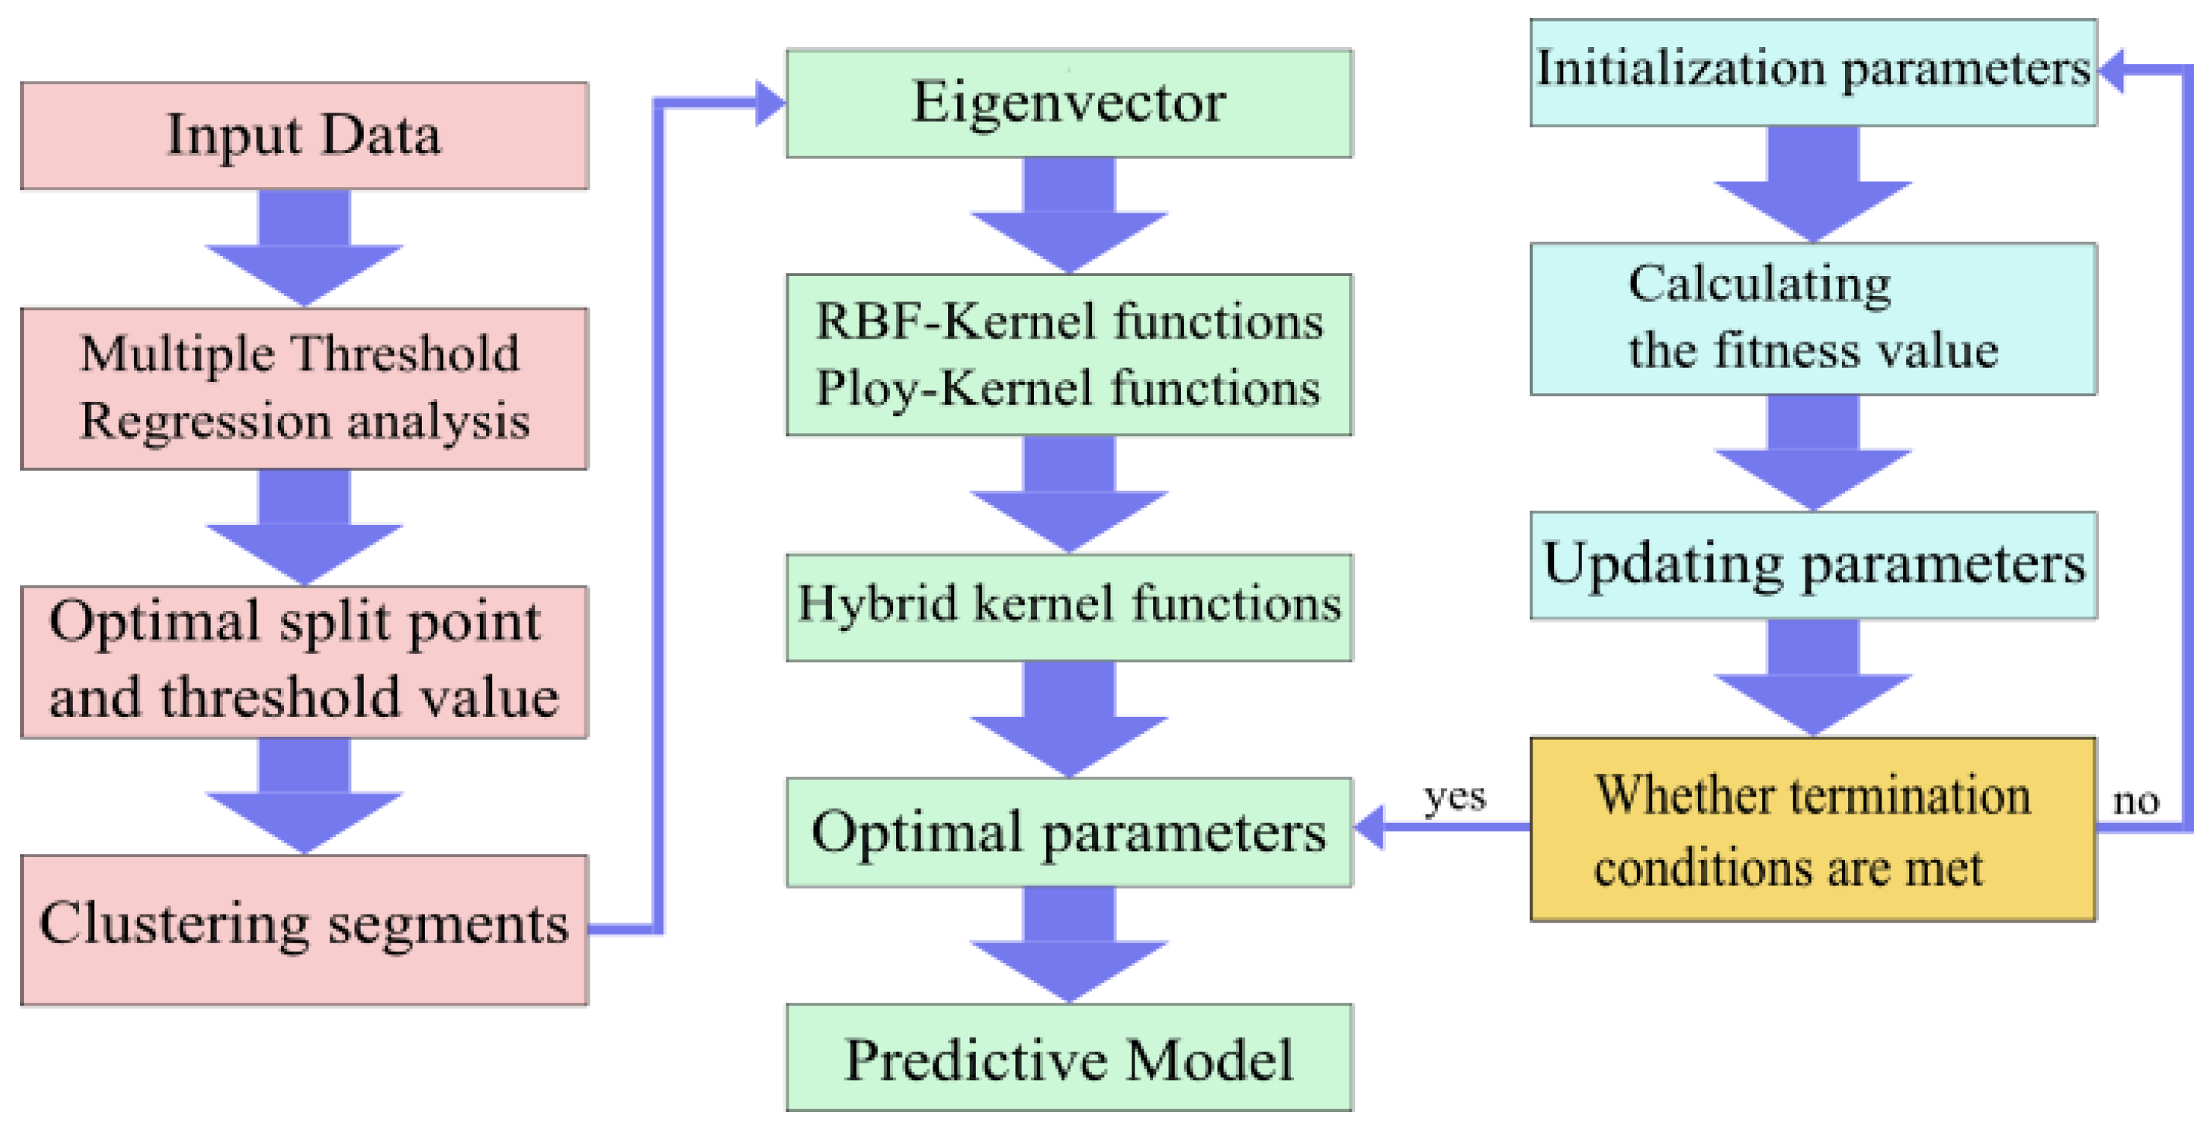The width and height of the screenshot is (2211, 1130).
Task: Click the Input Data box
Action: [x=304, y=136]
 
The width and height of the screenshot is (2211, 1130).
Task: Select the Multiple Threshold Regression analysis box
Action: [x=304, y=388]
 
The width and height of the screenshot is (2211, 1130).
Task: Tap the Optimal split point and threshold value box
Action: [x=304, y=661]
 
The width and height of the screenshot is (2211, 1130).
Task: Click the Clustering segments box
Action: [x=304, y=929]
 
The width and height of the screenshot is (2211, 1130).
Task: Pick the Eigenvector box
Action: [x=1068, y=103]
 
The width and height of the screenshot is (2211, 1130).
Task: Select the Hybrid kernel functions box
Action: [x=1068, y=606]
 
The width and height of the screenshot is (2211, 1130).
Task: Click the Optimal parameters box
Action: [x=1068, y=831]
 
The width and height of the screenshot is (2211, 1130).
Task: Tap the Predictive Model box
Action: [x=1068, y=1058]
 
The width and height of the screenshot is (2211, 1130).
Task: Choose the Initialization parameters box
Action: [x=1813, y=72]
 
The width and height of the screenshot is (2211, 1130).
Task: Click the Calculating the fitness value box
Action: [x=1813, y=318]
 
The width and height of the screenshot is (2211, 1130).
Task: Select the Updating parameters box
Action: [x=1813, y=565]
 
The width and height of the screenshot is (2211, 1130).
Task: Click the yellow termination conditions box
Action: [x=1813, y=829]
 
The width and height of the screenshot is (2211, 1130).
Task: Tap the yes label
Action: [x=1454, y=797]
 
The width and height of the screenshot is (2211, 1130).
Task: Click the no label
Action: [x=2136, y=800]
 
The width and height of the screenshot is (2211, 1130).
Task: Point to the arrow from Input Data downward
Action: [x=304, y=249]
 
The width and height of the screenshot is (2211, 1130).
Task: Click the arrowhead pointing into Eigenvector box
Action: [x=769, y=103]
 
